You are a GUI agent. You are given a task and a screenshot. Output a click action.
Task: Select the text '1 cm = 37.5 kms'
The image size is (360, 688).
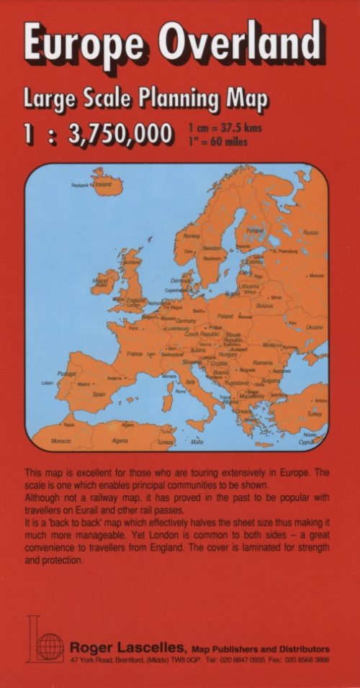[225, 128]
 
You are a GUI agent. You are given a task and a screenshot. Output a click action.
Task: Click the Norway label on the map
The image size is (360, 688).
[192, 235]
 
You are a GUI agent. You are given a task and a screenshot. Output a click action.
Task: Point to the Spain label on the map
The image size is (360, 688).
[99, 394]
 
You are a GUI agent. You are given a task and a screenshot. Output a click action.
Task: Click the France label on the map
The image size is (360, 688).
[135, 354]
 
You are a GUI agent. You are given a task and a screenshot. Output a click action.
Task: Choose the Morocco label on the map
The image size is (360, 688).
[60, 440]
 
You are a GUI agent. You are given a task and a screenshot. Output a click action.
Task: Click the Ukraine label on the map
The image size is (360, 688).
[315, 327]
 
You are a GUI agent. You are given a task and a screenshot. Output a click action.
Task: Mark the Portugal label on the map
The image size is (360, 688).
[67, 374]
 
